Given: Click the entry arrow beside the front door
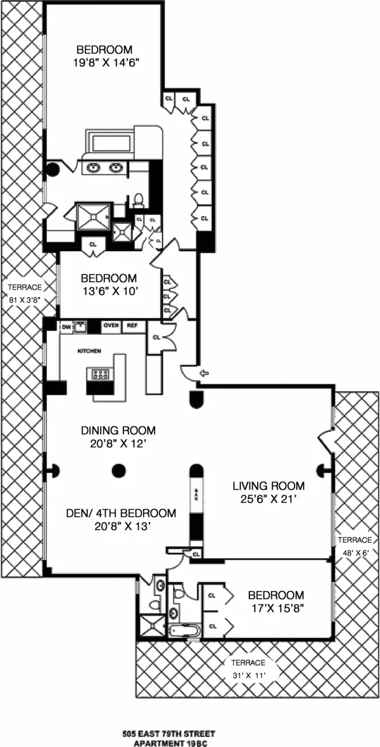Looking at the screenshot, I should (203, 374).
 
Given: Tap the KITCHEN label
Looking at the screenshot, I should (89, 351).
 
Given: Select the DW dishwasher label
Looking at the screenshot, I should (65, 327).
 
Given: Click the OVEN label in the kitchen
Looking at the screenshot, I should (111, 326).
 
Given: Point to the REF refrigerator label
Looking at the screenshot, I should (132, 326).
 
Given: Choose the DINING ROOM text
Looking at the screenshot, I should (118, 430).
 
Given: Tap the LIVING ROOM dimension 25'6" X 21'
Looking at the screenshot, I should (268, 499).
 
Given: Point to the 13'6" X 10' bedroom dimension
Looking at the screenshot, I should (108, 290).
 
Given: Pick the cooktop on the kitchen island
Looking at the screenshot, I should (99, 374).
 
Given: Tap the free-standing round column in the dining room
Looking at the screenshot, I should (118, 471).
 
